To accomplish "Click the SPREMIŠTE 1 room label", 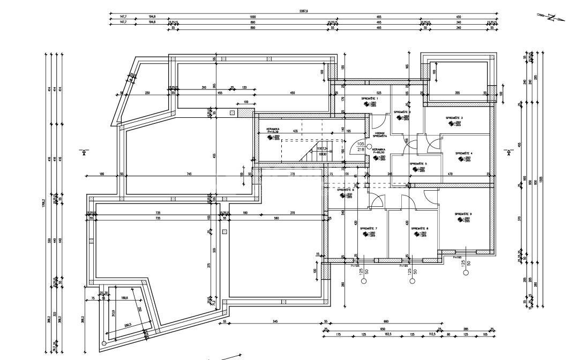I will tap(370, 99).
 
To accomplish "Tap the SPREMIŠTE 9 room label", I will tap(463, 214).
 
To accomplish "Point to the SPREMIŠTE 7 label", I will tap(368, 229).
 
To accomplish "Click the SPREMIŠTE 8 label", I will tap(420, 229).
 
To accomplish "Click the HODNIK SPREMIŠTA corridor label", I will tap(380, 135).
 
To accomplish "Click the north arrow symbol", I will tap(551, 17).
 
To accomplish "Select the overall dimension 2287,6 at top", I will tap(304, 11).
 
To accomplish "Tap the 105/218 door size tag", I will tap(361, 147).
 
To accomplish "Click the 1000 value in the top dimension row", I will tap(252, 17).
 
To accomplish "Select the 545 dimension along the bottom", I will tap(274, 322).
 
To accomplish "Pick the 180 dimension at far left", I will tap(101, 174).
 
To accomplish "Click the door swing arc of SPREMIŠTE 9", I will tap(431, 196).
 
